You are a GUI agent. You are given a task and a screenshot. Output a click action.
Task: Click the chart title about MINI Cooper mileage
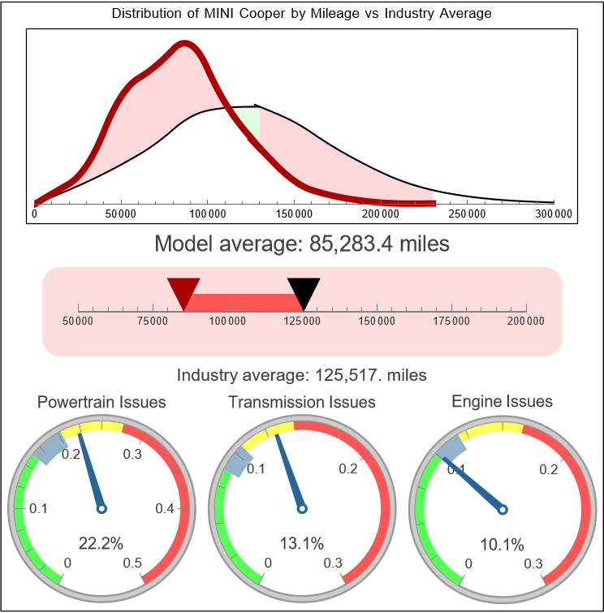[x=301, y=14]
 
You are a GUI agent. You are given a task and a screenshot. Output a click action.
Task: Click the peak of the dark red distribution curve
[x=185, y=46]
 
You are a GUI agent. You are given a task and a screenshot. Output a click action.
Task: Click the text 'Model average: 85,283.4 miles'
[x=301, y=244]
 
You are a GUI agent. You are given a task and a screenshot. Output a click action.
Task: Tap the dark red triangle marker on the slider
[x=183, y=291]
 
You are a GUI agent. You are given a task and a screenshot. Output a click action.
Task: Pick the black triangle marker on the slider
[x=304, y=291]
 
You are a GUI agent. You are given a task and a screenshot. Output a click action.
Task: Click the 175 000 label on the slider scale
[x=451, y=321]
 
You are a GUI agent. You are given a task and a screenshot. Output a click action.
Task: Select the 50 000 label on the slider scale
[x=78, y=321]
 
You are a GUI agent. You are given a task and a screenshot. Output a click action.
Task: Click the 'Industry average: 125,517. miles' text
[x=301, y=375]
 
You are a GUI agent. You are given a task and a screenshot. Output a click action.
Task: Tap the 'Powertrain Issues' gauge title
[x=101, y=402]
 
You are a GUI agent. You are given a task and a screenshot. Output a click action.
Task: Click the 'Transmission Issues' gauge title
[x=302, y=402]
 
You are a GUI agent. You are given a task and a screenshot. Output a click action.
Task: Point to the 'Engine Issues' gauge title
[x=502, y=401]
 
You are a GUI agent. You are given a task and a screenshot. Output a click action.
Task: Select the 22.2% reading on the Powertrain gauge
[x=101, y=543]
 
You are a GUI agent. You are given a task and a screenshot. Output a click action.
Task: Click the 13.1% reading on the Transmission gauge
[x=301, y=543]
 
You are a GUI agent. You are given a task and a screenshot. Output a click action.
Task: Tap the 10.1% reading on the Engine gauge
[x=502, y=543]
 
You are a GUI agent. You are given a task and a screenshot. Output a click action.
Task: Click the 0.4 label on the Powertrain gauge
[x=165, y=509]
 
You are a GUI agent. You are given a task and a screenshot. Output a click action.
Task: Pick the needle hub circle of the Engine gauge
[x=503, y=509]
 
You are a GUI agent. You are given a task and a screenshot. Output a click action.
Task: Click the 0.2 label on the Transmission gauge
[x=349, y=468]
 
